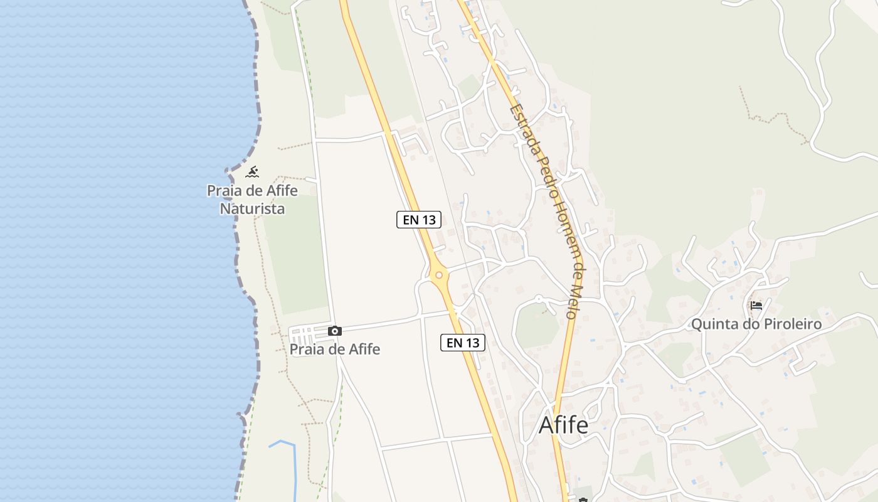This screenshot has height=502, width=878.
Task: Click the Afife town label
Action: tap(563, 425)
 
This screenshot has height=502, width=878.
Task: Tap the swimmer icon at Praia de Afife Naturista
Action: tap(252, 171)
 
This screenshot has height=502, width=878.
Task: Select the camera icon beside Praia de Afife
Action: tap(335, 331)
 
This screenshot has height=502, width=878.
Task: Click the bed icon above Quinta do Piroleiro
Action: tap(756, 306)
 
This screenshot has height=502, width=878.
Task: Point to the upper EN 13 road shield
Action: tap(419, 220)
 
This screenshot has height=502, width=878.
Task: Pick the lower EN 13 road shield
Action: tap(463, 343)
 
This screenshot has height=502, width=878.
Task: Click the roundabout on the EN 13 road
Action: tap(439, 275)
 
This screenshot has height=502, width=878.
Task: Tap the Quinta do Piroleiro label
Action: tap(756, 324)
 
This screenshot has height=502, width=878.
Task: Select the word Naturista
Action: tap(252, 208)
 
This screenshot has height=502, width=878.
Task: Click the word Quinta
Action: tap(711, 324)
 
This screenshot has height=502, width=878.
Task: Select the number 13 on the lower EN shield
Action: tap(472, 343)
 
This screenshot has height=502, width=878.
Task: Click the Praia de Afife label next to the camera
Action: tap(335, 349)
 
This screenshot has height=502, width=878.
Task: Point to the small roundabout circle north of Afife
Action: tap(538, 298)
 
